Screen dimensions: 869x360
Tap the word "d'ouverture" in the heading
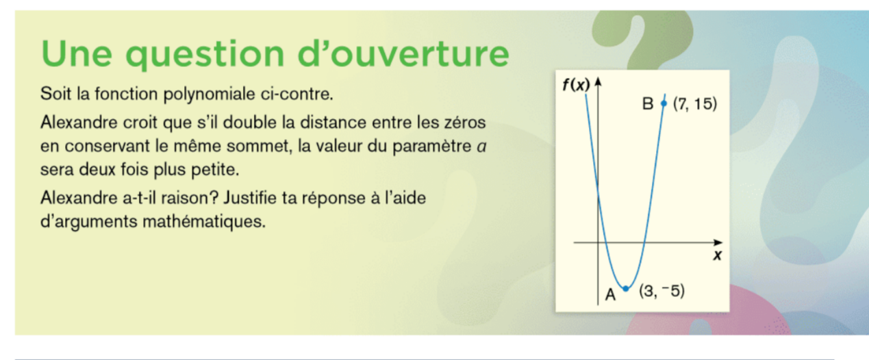[403, 53]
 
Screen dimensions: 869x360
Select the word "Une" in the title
[77, 53]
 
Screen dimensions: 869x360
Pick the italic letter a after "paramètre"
[481, 147]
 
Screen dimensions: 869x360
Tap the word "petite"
[215, 170]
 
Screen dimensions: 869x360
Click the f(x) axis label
[576, 85]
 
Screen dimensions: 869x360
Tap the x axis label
[717, 255]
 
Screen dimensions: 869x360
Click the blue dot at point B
[664, 103]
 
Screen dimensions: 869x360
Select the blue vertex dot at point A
[626, 289]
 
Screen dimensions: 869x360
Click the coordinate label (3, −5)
[662, 291]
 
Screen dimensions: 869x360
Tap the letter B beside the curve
[648, 104]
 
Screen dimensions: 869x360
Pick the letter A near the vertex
[611, 295]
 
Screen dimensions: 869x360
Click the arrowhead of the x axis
[718, 242]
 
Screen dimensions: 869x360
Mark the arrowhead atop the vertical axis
[598, 81]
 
